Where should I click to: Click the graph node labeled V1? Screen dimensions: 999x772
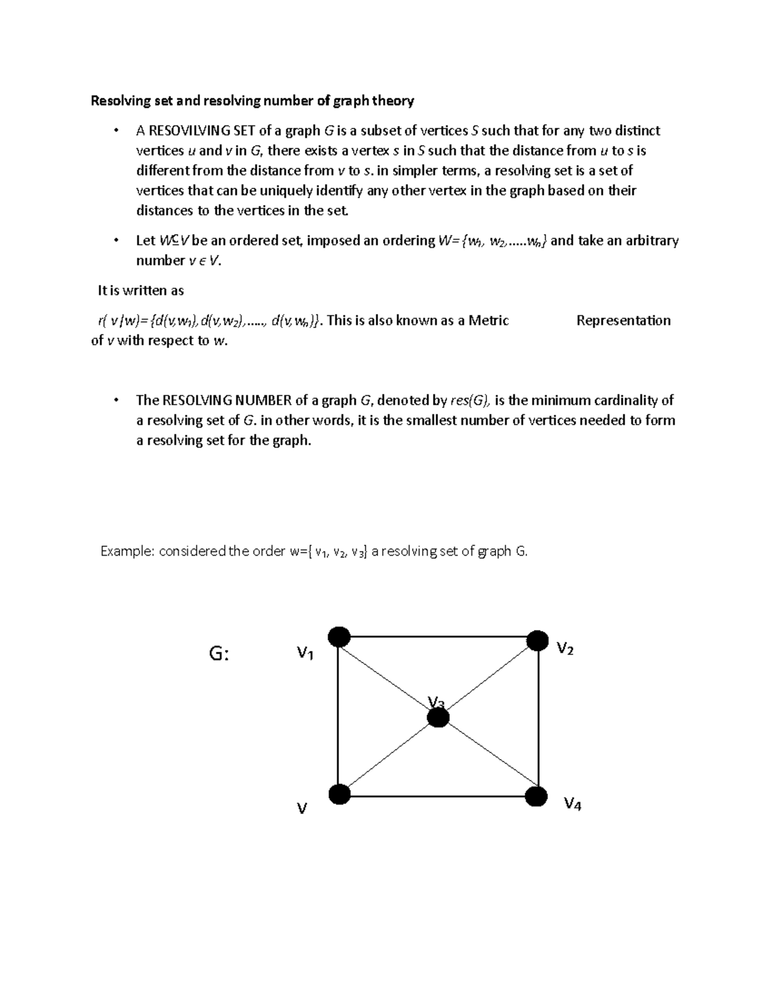click(339, 637)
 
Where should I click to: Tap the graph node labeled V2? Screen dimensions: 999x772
click(537, 641)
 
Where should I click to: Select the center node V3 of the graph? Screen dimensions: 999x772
click(438, 717)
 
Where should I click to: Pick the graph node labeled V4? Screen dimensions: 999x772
click(536, 796)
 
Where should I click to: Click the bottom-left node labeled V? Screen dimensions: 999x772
click(340, 794)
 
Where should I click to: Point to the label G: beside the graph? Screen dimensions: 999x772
click(219, 654)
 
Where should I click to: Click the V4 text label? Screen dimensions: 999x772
click(572, 803)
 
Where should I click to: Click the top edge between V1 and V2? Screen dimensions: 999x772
click(437, 637)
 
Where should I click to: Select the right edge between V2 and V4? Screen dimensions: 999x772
click(538, 717)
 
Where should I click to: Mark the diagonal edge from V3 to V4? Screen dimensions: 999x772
click(487, 756)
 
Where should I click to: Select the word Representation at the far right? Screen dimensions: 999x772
click(623, 320)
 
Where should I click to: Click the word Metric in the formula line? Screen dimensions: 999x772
click(488, 320)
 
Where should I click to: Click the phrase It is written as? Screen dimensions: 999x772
click(140, 291)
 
